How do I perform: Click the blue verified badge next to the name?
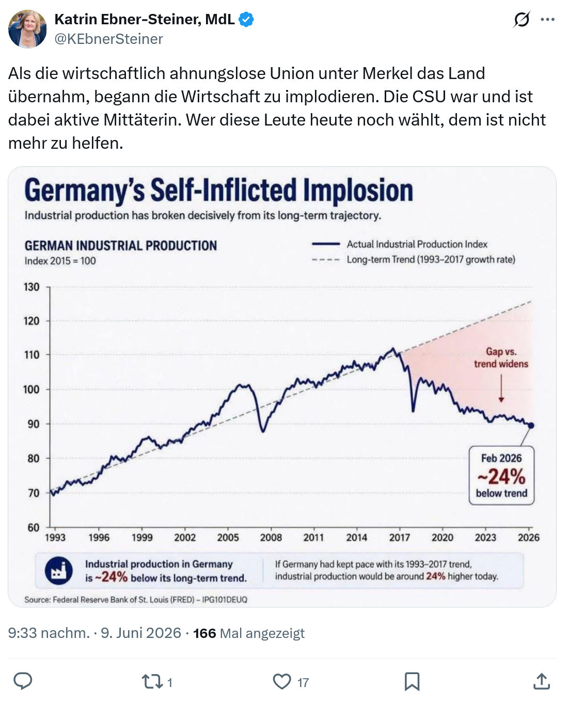[x=246, y=20]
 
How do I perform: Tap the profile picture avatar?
[x=27, y=29]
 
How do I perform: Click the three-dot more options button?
[x=548, y=20]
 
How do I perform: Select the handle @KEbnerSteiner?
[x=109, y=39]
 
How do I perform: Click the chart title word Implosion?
[x=358, y=190]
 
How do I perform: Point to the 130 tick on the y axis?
[x=31, y=287]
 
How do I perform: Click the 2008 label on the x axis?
[x=271, y=538]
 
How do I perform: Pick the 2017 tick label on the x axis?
[x=400, y=538]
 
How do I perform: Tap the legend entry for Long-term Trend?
[x=414, y=260]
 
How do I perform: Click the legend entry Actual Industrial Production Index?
[x=400, y=244]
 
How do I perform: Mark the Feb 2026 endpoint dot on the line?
[x=531, y=426]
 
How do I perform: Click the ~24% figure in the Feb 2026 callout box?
[x=501, y=477]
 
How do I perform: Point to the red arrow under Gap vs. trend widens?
[x=501, y=388]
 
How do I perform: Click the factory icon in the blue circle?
[x=59, y=570]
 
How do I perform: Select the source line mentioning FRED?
[x=136, y=600]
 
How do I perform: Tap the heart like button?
[x=282, y=681]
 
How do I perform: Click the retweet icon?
[x=152, y=681]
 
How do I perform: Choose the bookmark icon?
[x=412, y=681]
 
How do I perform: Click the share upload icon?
[x=542, y=681]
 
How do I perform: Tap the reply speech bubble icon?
[x=23, y=681]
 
